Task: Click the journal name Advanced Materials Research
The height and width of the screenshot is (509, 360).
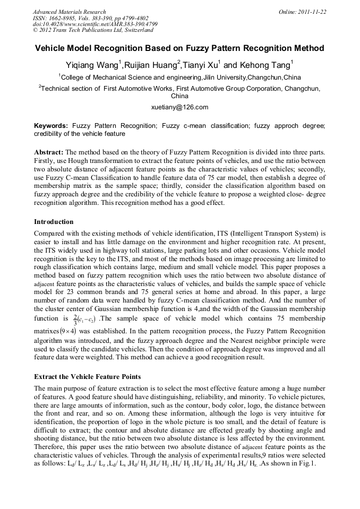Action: click(x=69, y=12)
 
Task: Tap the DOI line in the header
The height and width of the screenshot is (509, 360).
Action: click(x=95, y=24)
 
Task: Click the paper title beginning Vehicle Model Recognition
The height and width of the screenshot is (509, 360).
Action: click(x=179, y=48)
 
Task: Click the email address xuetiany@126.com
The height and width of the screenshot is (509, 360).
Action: click(x=179, y=107)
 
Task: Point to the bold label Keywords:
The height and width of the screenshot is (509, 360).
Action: click(x=51, y=126)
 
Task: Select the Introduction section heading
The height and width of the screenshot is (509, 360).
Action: click(x=54, y=221)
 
